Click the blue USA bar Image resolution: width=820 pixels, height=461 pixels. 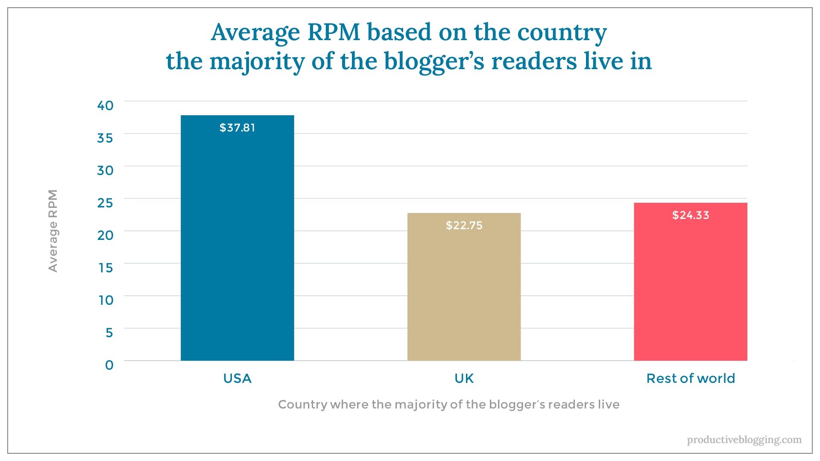[237, 248]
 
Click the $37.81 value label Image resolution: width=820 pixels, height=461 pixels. [237, 128]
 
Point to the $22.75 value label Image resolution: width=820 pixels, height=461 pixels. [464, 225]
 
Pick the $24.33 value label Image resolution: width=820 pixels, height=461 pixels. [690, 215]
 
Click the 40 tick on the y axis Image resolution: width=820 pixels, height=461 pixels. [105, 105]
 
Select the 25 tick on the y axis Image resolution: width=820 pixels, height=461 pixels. [105, 203]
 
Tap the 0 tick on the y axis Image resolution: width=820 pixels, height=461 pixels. [109, 365]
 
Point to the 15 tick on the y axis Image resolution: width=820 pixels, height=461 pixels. [105, 268]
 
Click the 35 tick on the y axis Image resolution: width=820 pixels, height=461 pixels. [105, 138]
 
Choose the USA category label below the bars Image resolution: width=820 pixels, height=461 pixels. [237, 379]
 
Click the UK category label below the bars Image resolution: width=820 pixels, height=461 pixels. [464, 379]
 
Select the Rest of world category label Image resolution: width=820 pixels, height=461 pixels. [690, 379]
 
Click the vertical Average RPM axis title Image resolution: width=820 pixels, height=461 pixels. [53, 230]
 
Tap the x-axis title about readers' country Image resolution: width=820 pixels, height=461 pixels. [448, 404]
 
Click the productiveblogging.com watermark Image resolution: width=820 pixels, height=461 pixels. [744, 440]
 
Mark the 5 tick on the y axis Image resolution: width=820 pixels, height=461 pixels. [109, 333]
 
